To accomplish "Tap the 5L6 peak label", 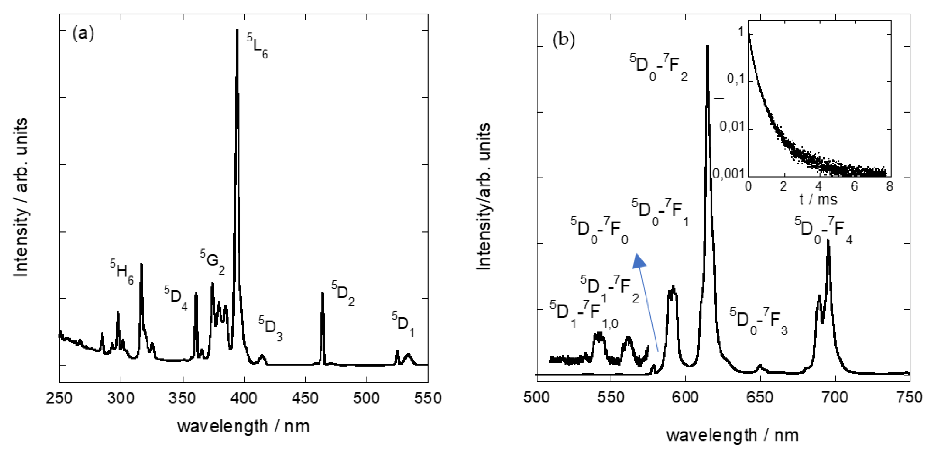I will click(258, 46).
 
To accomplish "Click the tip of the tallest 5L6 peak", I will click(237, 30).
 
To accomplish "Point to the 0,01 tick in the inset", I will click(732, 127).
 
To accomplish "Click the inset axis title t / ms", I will click(818, 199).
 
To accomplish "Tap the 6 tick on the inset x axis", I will click(854, 186).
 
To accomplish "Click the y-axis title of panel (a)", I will click(21, 197).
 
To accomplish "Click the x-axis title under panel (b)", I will click(732, 435).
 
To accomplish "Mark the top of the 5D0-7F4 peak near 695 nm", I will click(828, 240).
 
